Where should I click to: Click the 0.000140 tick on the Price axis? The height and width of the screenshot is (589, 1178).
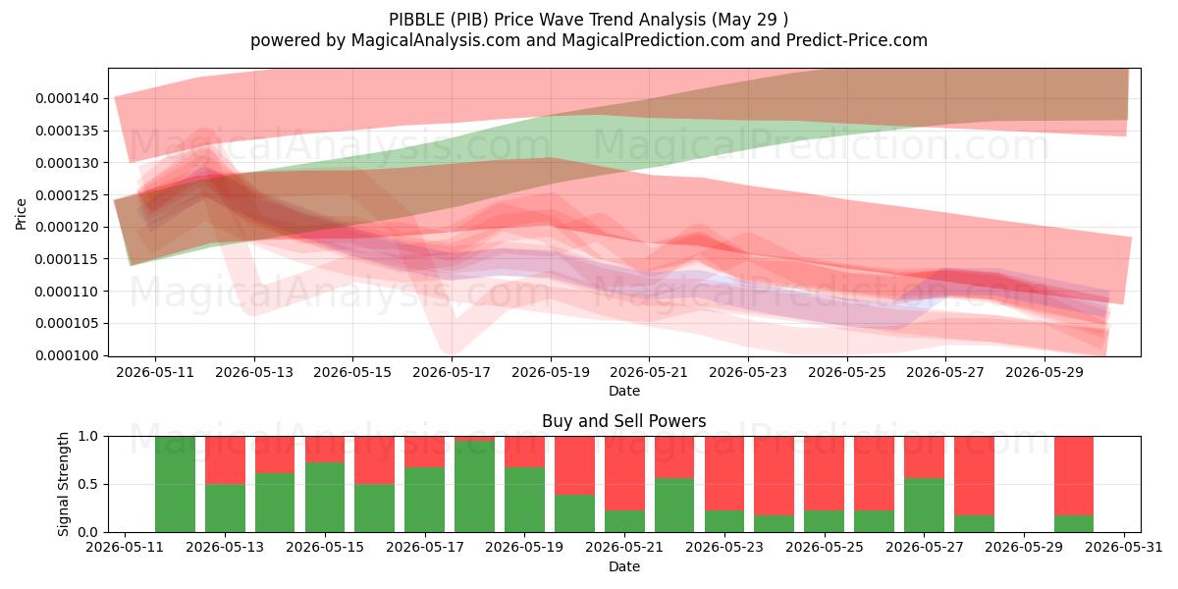67,98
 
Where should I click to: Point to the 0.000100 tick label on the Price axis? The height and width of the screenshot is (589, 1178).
67,355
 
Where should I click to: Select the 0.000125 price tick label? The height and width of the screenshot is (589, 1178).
67,195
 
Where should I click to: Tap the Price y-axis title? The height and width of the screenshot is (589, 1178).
21,214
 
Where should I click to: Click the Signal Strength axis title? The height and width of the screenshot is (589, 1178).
63,484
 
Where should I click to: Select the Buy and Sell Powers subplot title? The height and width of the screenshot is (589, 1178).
623,421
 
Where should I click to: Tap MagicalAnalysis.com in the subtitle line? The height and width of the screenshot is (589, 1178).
436,40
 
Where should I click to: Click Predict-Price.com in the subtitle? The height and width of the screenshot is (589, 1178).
857,40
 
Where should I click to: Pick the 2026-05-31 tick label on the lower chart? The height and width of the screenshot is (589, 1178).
1124,547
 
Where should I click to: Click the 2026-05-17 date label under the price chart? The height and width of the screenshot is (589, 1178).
452,372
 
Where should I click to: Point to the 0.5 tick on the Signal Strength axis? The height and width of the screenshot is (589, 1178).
87,484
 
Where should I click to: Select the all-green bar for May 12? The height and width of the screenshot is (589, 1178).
175,484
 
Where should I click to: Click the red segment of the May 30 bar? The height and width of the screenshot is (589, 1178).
1074,475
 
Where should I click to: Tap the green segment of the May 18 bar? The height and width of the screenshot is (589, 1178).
475,487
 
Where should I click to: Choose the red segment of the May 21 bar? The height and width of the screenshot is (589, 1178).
624,473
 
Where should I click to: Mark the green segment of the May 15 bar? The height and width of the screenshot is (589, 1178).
325,498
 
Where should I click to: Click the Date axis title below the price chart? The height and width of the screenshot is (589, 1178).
624,391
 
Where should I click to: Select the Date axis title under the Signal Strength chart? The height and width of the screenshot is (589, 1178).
624,566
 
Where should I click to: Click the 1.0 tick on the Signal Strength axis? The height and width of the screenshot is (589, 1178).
87,436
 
